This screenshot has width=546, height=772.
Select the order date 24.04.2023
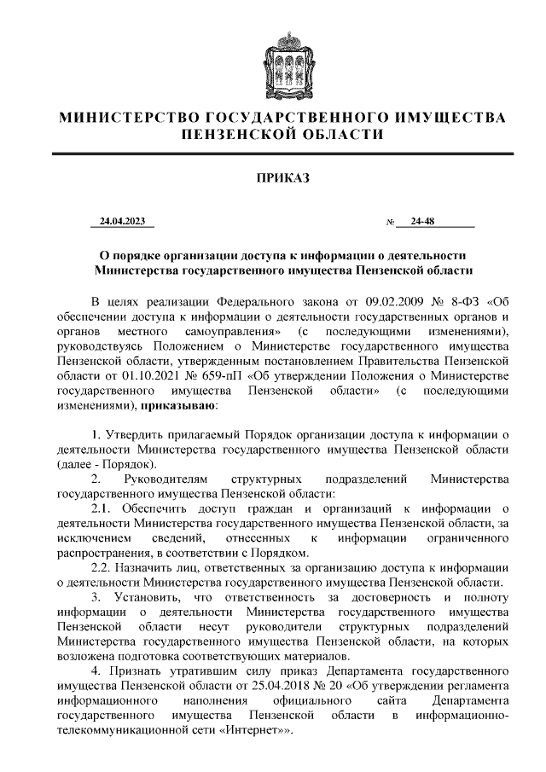(122, 223)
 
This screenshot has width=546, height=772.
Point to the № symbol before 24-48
(390, 223)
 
